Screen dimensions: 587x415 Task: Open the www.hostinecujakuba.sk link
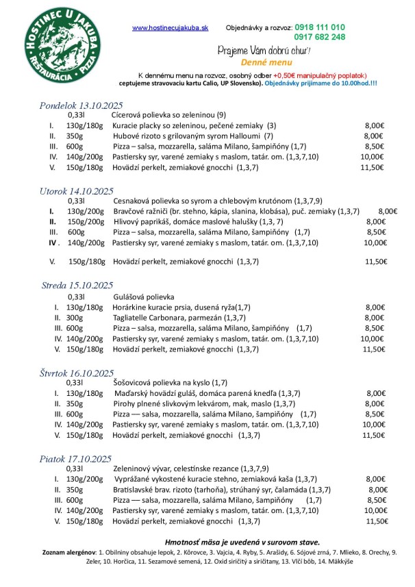tap(170, 27)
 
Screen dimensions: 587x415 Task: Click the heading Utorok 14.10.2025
tap(76, 191)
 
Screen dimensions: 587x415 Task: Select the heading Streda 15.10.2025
tap(76, 286)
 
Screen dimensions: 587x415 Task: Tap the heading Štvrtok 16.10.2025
tap(77, 373)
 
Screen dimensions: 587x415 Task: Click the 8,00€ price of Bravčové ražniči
tap(387, 212)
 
